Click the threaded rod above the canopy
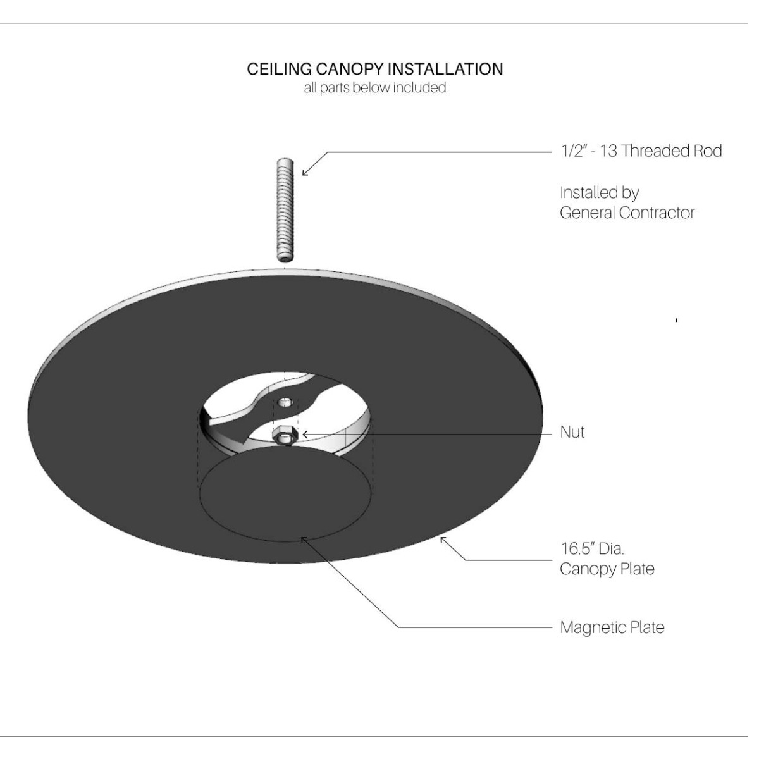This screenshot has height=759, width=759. click(285, 209)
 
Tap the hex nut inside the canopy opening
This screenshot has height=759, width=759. click(282, 436)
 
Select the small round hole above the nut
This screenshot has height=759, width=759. click(285, 402)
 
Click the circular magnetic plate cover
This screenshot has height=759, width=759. click(285, 493)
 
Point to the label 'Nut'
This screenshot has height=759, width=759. click(572, 433)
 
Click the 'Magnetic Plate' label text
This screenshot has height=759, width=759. click(612, 627)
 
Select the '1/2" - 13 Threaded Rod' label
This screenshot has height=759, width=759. click(641, 151)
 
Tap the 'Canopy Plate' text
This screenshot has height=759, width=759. click(607, 569)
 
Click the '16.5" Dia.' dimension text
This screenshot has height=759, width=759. click(592, 548)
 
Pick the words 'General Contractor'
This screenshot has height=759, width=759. click(627, 213)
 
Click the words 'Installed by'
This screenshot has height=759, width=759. click(600, 193)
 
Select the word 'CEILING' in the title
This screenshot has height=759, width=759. click(280, 70)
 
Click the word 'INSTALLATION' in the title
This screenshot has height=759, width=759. click(445, 70)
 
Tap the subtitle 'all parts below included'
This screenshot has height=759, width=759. click(374, 88)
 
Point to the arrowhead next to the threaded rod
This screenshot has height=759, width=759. click(305, 173)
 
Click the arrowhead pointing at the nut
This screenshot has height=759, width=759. click(305, 435)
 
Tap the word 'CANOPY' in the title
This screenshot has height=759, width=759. click(350, 70)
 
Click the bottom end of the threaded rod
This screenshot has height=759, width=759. click(285, 258)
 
